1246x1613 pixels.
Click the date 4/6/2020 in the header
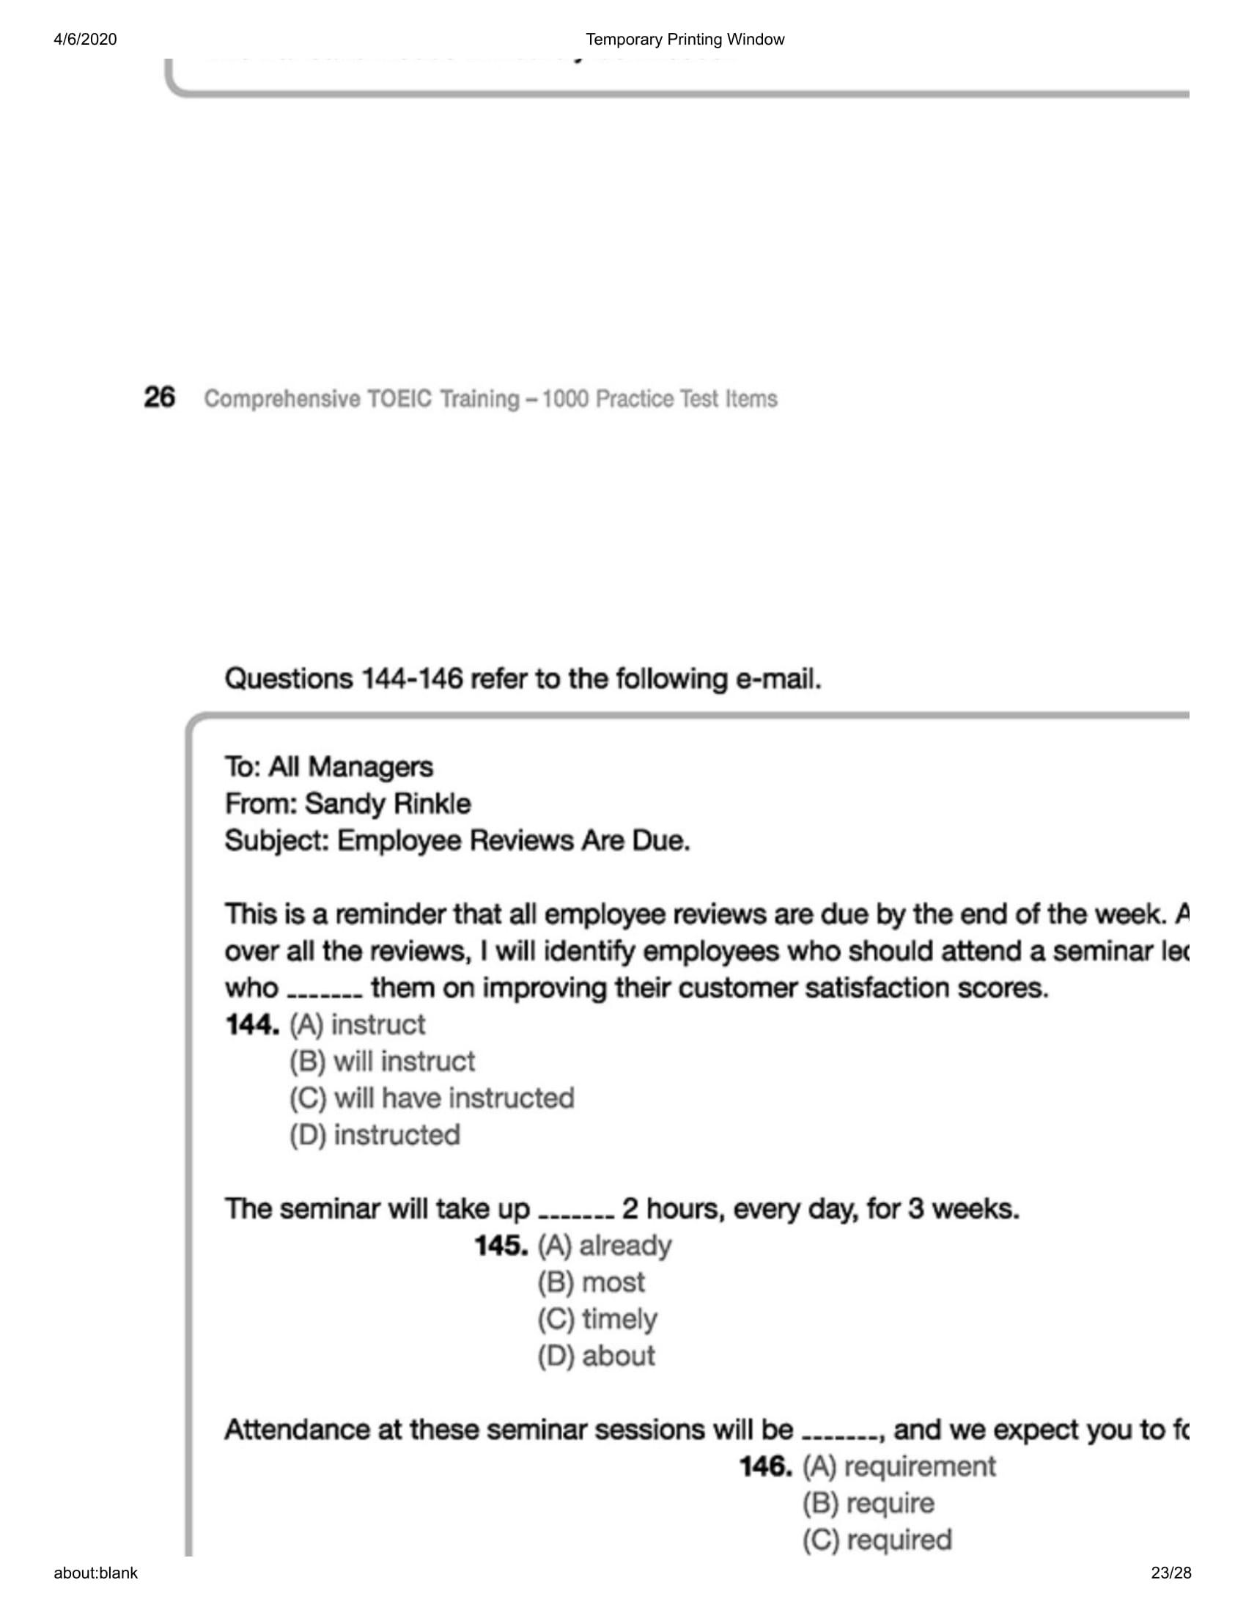(85, 39)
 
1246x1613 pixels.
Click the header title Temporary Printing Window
(685, 39)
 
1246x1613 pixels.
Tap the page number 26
(160, 397)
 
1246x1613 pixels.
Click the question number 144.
(251, 1024)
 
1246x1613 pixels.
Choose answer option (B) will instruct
(383, 1062)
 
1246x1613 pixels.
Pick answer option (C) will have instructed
(432, 1098)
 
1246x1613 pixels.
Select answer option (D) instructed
(375, 1135)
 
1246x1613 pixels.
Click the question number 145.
(501, 1245)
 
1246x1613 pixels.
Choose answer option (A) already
(605, 1245)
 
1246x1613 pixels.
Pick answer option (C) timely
(597, 1319)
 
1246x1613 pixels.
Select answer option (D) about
(597, 1356)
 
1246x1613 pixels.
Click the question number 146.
(765, 1466)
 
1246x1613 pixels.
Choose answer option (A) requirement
(899, 1466)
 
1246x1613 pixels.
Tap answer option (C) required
(877, 1540)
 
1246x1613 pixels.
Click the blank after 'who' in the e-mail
(324, 991)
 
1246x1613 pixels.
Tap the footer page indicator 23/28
(1171, 1573)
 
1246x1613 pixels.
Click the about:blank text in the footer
(96, 1573)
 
